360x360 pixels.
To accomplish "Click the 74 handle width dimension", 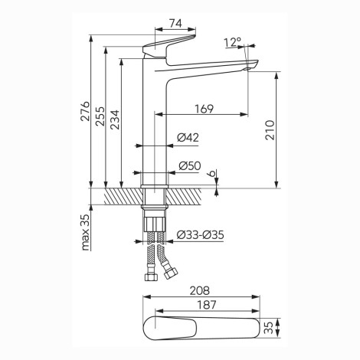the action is pos(175,24).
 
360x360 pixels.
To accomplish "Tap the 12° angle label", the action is pos(233,42).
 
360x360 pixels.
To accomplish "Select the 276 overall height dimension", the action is pos(85,111).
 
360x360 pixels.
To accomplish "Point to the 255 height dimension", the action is pos(100,116).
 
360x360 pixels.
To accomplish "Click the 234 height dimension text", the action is pos(115,119).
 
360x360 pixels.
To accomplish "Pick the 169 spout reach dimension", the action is pos(204,109).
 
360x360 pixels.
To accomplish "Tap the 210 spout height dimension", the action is pos(270,130).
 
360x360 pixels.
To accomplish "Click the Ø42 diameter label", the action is pos(188,138).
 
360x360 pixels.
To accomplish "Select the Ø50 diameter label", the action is pos(190,166).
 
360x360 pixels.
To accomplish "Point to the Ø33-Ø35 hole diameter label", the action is pos(201,235).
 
